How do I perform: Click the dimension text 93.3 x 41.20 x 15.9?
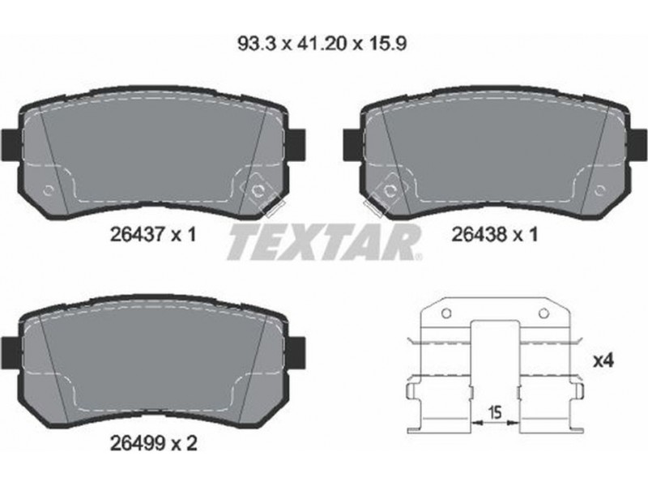(322, 44)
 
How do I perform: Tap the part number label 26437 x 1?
(152, 235)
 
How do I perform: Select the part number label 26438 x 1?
(494, 235)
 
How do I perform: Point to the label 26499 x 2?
(153, 444)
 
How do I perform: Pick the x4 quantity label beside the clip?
(603, 361)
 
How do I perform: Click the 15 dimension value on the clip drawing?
(495, 411)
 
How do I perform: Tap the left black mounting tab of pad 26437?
(11, 146)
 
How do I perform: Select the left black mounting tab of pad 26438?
(353, 145)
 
